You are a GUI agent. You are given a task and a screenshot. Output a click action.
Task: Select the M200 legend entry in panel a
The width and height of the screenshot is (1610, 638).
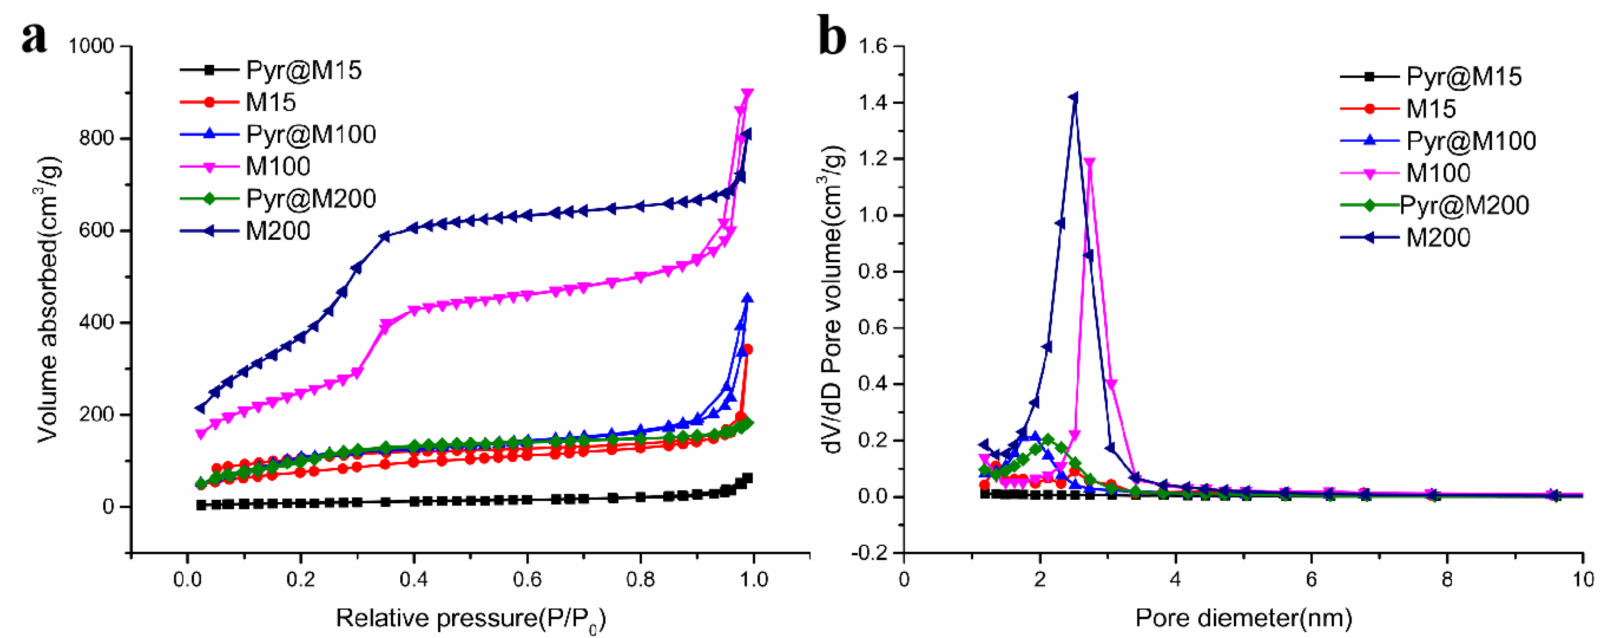(277, 231)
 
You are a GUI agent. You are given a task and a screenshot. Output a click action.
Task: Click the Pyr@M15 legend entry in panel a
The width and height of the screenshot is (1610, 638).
(304, 70)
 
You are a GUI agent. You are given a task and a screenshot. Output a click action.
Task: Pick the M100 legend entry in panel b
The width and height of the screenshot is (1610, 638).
(1437, 173)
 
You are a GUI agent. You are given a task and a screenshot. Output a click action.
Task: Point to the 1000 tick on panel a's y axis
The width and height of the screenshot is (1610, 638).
(91, 46)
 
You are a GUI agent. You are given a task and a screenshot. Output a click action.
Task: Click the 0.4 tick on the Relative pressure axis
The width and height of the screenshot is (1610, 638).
(414, 579)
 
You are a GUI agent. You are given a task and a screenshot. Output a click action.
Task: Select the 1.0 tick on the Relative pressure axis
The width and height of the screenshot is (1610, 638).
(754, 579)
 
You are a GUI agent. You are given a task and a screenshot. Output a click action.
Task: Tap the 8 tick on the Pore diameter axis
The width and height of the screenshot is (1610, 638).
(1447, 579)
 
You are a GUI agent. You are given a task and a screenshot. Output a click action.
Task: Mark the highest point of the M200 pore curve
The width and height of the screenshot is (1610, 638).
(1074, 98)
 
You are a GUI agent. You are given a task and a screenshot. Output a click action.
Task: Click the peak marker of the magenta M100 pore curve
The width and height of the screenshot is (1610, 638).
(1089, 162)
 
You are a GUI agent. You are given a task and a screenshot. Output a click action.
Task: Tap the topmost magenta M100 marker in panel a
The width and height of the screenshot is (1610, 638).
(747, 93)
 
